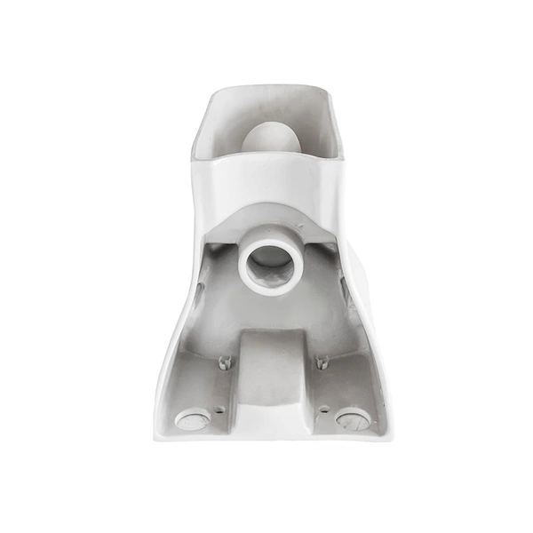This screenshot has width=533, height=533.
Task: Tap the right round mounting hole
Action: [x=353, y=418]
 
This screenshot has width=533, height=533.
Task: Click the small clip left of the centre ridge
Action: [x=225, y=362]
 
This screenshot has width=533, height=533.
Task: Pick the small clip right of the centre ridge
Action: [x=322, y=362]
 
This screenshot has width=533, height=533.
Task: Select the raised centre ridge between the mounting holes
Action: [x=274, y=373]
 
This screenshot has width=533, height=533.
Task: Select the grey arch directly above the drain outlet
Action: [x=271, y=218]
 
